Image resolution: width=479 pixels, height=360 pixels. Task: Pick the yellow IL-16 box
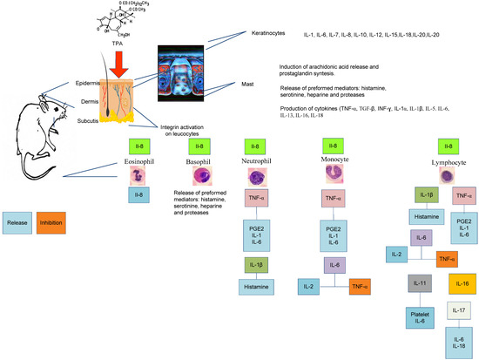461,284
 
